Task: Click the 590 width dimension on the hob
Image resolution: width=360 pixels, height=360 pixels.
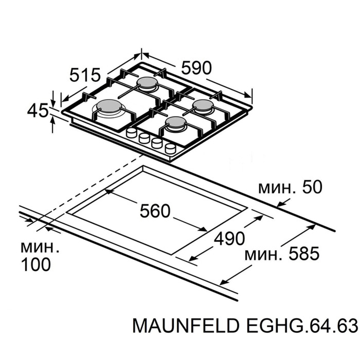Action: (196, 68)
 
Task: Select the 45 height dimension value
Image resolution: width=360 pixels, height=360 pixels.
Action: (37, 110)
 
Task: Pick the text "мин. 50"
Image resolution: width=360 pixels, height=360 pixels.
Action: (290, 187)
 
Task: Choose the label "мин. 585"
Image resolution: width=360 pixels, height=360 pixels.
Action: (281, 254)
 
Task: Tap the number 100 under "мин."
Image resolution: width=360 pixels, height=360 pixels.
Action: (36, 265)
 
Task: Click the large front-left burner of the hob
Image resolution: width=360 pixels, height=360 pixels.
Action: (109, 107)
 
